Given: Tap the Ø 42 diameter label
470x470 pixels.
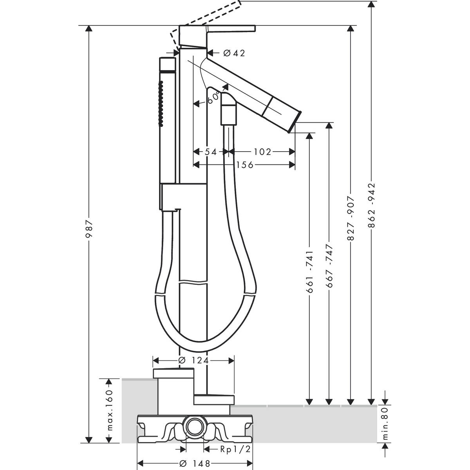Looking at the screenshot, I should (234, 53).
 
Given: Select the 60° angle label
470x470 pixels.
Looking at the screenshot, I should (214, 97).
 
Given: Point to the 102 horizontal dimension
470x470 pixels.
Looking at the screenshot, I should (262, 152).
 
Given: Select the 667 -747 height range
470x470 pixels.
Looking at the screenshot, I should (329, 266).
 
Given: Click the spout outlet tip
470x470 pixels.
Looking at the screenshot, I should (294, 122).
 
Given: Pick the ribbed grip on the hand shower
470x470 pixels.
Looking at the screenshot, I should (160, 103).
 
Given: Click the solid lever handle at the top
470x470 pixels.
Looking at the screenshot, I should (231, 29).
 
